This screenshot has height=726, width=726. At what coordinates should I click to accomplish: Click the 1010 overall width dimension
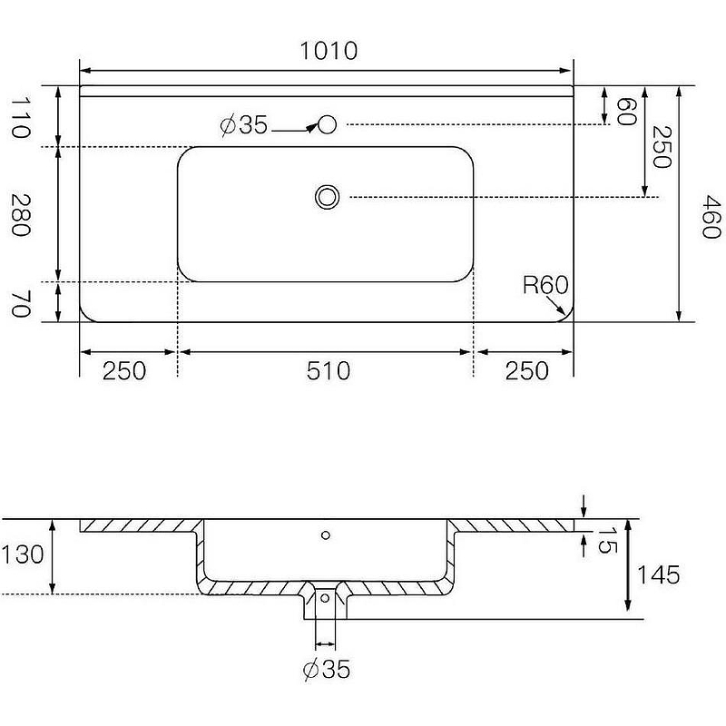pyautogui.click(x=329, y=51)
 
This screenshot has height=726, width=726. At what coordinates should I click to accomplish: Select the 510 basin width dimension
pyautogui.click(x=329, y=371)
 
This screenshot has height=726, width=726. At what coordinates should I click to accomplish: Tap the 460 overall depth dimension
pyautogui.click(x=711, y=217)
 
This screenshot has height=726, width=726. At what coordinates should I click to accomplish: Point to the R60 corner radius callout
pyautogui.click(x=545, y=285)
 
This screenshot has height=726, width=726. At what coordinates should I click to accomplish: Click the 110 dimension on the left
pyautogui.click(x=21, y=118)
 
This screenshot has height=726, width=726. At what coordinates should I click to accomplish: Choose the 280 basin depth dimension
pyautogui.click(x=21, y=215)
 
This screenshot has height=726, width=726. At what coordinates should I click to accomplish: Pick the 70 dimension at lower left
pyautogui.click(x=21, y=304)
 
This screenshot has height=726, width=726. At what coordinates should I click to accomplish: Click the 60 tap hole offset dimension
pyautogui.click(x=627, y=112)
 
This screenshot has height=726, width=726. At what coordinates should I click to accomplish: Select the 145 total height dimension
pyautogui.click(x=659, y=575)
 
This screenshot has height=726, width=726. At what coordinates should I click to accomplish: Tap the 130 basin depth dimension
pyautogui.click(x=23, y=554)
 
